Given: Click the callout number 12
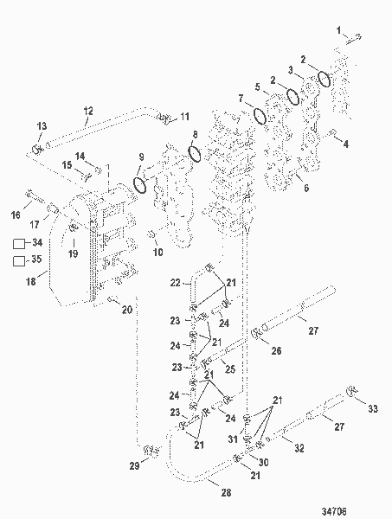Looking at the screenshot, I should point(88,110).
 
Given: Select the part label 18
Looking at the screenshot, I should point(30,281).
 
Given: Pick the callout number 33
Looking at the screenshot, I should point(374,408).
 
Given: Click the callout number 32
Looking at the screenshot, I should point(299,448).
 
